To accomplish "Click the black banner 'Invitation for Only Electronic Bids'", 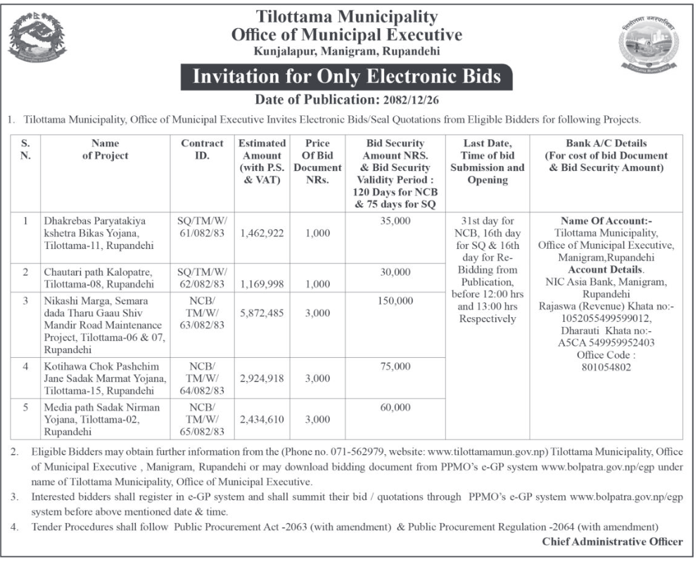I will pyautogui.click(x=346, y=77).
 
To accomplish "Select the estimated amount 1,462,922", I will pyautogui.click(x=262, y=233).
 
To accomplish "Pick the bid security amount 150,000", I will pyautogui.click(x=394, y=300).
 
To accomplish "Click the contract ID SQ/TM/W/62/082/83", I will pyautogui.click(x=202, y=278).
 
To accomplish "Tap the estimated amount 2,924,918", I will pyautogui.click(x=262, y=378).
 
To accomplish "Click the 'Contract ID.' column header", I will pyautogui.click(x=202, y=149).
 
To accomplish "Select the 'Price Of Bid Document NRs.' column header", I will pyautogui.click(x=317, y=162).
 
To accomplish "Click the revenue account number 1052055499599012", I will pyautogui.click(x=606, y=318).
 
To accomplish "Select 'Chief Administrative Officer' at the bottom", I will pyautogui.click(x=612, y=541).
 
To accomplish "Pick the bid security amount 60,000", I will pyautogui.click(x=394, y=408).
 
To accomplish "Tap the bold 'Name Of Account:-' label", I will pyautogui.click(x=606, y=220).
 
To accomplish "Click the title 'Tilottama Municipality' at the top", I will pyautogui.click(x=346, y=17).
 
